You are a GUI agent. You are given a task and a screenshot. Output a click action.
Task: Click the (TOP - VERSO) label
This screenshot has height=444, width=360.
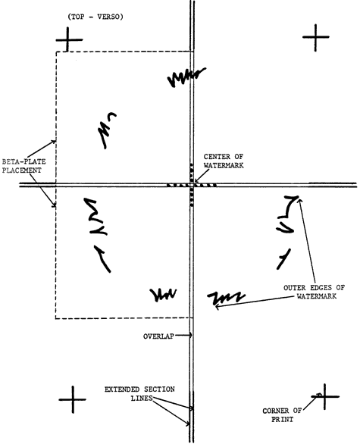(95, 17)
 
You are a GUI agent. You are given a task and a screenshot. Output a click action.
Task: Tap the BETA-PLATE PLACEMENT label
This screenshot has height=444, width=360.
(23, 166)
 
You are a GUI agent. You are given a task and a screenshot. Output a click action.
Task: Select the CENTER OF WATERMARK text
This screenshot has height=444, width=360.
(224, 161)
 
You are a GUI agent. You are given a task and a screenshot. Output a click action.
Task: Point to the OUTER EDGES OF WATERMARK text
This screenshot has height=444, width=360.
(315, 292)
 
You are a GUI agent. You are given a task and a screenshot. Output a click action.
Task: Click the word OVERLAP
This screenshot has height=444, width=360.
(158, 336)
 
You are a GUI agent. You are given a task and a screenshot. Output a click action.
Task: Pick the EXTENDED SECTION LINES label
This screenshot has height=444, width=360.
(139, 393)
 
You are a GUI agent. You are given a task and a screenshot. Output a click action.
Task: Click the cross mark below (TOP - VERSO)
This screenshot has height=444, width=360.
(68, 39)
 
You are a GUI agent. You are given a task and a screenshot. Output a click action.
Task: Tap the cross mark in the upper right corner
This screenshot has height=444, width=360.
(315, 37)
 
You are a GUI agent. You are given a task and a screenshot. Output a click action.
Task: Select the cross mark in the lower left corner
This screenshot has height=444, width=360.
(73, 399)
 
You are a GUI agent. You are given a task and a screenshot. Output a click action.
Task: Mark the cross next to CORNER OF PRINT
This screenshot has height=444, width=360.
(324, 397)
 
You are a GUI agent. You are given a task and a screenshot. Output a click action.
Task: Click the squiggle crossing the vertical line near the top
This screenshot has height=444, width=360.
(186, 77)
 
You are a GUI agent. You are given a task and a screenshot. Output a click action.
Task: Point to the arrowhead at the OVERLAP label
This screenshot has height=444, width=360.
(190, 335)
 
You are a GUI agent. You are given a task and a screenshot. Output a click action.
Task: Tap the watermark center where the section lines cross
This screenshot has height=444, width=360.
(192, 185)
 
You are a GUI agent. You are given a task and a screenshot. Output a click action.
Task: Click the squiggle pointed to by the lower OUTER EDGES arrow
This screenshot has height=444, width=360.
(226, 299)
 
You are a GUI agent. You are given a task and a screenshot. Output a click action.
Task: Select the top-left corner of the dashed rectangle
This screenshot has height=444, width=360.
(56, 52)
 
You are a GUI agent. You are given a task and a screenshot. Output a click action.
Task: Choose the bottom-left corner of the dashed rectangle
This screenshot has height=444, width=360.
(56, 318)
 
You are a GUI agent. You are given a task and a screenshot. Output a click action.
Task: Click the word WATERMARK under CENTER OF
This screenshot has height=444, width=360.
(224, 165)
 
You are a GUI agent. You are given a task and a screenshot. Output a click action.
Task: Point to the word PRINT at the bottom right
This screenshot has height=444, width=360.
(282, 419)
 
